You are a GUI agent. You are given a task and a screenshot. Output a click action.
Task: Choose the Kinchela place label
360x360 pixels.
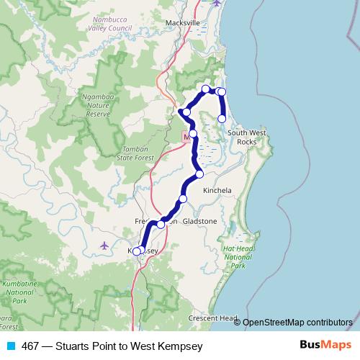pos(217,191)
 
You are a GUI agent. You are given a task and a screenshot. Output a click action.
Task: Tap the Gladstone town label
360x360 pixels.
pos(199,221)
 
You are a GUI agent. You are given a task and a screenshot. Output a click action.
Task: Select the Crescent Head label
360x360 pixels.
pos(212,318)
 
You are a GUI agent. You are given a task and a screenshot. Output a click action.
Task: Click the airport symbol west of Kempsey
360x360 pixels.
pos(104,246)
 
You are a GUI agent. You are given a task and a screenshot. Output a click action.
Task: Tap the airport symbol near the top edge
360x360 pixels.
pos(218,3)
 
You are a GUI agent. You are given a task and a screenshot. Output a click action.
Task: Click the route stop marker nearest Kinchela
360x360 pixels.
pos(199,174)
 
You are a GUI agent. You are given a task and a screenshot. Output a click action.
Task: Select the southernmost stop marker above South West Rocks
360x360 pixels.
pos(222,118)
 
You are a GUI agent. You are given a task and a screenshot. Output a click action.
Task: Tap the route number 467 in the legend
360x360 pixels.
pos(30,346)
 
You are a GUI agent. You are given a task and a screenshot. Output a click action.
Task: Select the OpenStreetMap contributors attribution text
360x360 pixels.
pos(297,323)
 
